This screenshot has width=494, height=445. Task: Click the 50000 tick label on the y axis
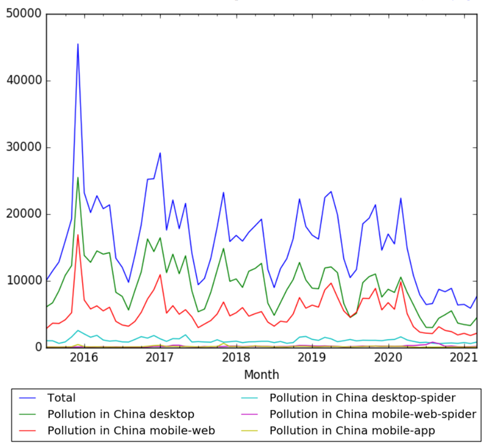[24, 14]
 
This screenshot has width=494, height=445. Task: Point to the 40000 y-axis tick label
[24, 81]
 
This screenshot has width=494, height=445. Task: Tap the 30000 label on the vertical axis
[24, 147]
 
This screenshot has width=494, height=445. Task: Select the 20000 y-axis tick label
[24, 214]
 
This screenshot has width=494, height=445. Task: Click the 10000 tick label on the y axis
[24, 281]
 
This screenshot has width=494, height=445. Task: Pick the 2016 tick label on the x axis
[82, 357]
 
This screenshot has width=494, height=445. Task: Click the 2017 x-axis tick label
[159, 357]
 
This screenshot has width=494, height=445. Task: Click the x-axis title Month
[261, 374]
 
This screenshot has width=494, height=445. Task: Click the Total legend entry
[61, 398]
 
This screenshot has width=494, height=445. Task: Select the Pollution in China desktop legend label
[121, 414]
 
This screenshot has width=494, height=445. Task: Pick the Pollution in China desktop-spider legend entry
[362, 398]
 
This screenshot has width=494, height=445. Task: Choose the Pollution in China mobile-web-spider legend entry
[372, 414]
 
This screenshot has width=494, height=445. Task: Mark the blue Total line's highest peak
[78, 43]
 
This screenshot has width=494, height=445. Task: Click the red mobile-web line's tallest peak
[78, 234]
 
